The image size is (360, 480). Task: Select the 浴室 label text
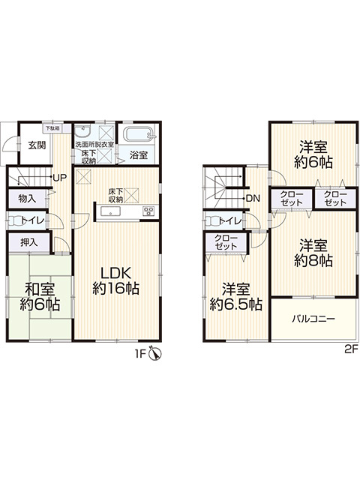[x=137, y=156]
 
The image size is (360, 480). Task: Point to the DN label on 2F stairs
[x=253, y=198]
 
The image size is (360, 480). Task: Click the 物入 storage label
[x=26, y=199]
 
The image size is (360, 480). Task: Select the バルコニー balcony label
[x=313, y=319]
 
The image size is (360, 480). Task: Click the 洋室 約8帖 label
[x=313, y=253]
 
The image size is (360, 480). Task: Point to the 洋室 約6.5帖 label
[x=235, y=297]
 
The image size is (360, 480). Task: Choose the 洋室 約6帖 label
[x=313, y=154]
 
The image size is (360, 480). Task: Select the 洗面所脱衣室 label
[x=94, y=144]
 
